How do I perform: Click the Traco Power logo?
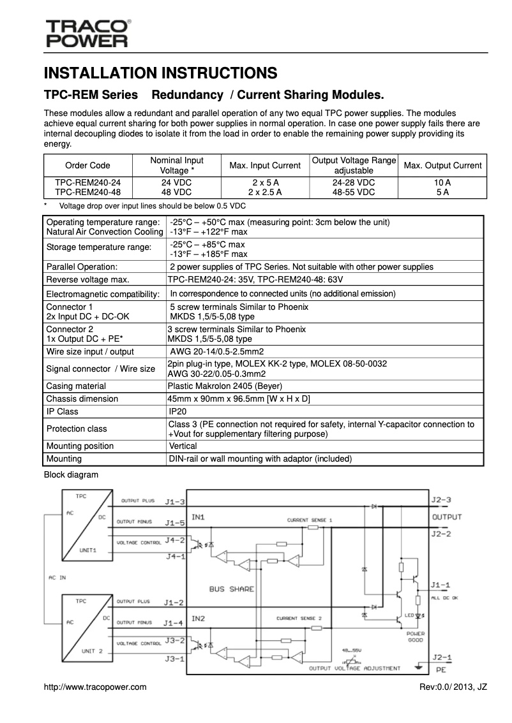click(x=87, y=34)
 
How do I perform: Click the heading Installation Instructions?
click(x=160, y=73)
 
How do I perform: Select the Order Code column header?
click(x=87, y=165)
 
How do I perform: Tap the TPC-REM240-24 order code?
click(x=87, y=182)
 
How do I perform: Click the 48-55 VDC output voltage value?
click(x=353, y=191)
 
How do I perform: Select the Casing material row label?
click(x=76, y=386)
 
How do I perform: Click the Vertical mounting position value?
click(x=183, y=446)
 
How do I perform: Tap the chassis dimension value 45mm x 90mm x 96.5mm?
click(x=239, y=398)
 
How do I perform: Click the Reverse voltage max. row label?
click(x=87, y=279)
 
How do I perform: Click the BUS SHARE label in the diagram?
click(x=231, y=589)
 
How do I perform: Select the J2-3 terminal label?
click(x=441, y=499)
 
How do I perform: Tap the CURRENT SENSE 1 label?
click(x=310, y=520)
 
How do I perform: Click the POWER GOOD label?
click(x=415, y=637)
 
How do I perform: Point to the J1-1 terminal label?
click(x=440, y=585)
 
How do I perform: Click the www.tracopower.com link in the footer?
click(x=95, y=687)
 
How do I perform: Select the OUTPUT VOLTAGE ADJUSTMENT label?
click(x=354, y=668)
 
